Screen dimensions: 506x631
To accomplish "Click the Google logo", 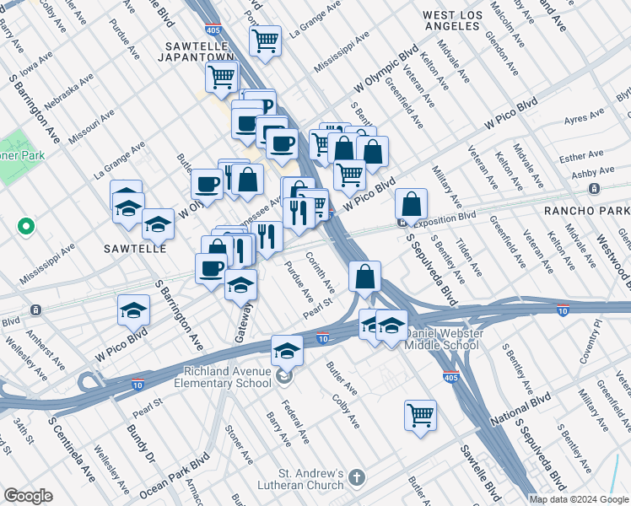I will click(29, 497).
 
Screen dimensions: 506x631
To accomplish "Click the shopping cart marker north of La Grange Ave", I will click(265, 40).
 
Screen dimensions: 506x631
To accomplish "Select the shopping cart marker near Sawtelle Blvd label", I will click(420, 413).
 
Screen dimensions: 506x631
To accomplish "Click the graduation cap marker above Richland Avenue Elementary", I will click(287, 348).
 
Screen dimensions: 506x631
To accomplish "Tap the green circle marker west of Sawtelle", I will click(25, 226).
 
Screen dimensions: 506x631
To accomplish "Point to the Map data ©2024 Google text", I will click(578, 499).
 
